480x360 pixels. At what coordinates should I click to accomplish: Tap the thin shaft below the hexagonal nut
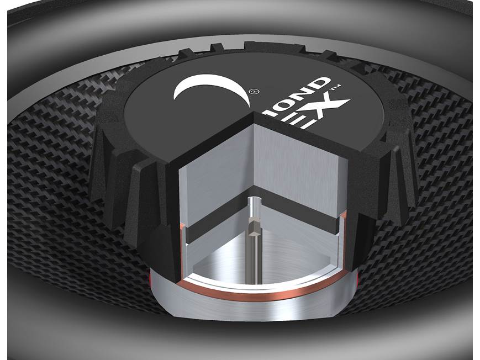coord(255,260)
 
